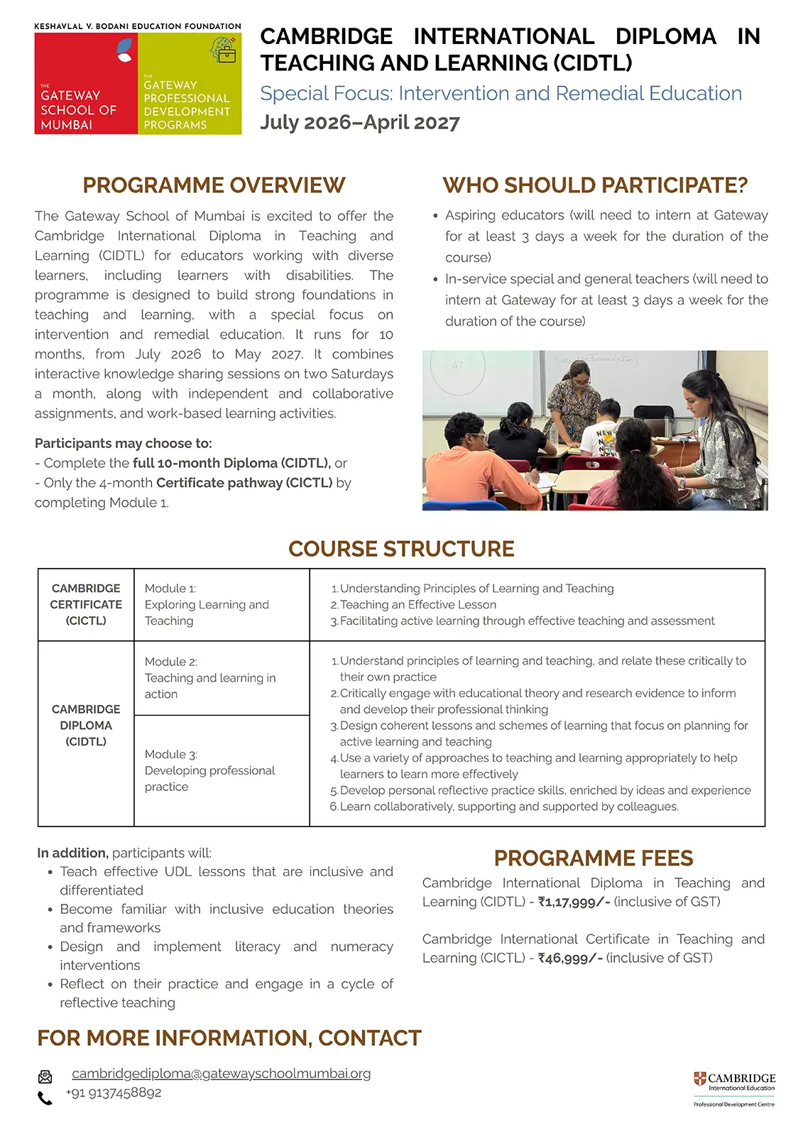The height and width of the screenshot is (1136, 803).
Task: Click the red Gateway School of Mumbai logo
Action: click(x=85, y=84)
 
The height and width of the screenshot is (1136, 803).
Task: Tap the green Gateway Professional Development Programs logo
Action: click(x=189, y=84)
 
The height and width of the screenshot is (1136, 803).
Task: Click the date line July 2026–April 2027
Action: click(x=359, y=123)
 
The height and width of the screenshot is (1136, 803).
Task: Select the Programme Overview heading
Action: click(x=214, y=185)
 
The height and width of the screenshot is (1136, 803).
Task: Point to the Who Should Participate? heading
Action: click(x=595, y=185)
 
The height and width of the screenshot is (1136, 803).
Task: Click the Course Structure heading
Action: click(x=401, y=549)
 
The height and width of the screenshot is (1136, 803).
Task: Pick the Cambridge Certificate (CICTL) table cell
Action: click(x=86, y=605)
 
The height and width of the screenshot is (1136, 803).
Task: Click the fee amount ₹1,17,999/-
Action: click(x=574, y=902)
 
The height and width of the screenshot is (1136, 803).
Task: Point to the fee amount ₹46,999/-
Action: click(x=570, y=958)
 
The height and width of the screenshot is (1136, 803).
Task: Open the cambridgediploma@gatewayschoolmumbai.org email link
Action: click(x=221, y=1074)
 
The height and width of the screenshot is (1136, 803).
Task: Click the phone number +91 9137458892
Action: click(x=114, y=1093)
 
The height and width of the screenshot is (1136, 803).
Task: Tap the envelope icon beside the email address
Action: click(x=45, y=1077)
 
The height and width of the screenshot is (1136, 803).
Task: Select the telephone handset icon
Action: click(x=45, y=1098)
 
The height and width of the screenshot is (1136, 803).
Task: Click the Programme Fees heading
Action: click(x=594, y=858)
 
